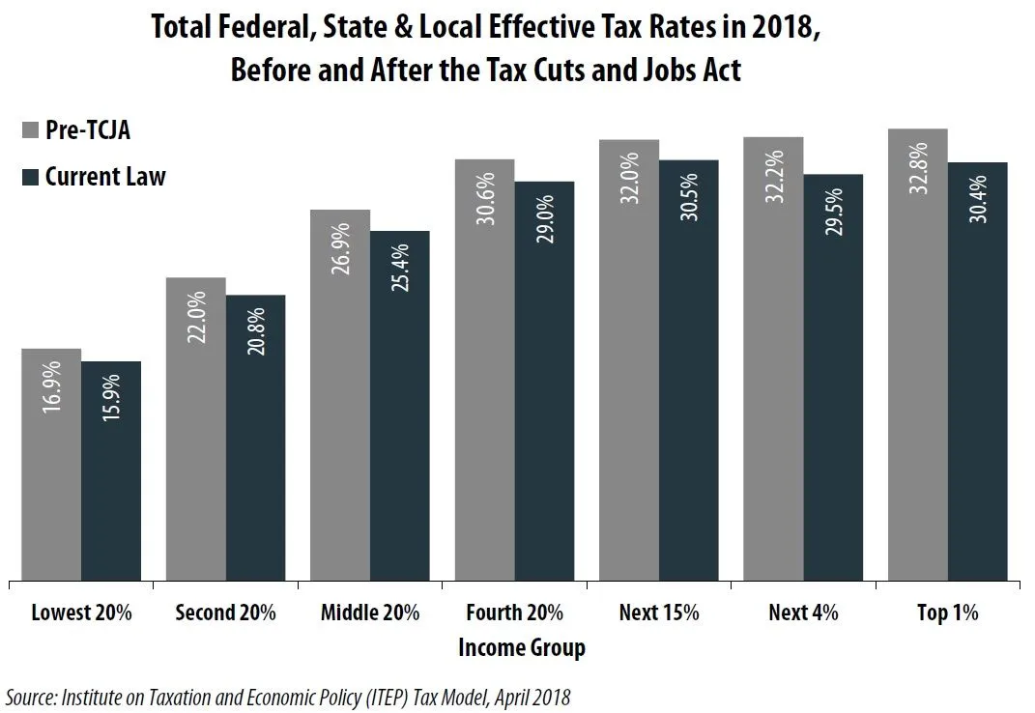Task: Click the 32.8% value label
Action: [918, 168]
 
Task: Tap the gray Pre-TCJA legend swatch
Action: [28, 130]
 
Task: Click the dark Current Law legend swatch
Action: [28, 177]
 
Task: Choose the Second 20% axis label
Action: [225, 613]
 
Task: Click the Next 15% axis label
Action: [658, 613]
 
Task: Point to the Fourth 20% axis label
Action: [514, 613]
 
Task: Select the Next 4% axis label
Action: [803, 613]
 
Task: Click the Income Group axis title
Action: [521, 647]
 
